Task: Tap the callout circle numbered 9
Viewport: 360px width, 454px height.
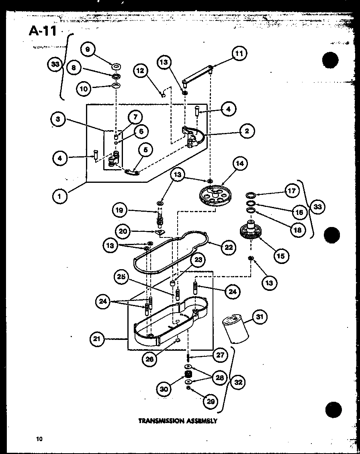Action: (88, 50)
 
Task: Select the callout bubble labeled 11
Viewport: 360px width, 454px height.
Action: (239, 54)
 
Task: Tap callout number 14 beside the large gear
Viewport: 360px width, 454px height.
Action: (240, 164)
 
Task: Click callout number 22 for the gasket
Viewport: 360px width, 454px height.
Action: (228, 247)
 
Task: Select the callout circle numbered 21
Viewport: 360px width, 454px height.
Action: (96, 339)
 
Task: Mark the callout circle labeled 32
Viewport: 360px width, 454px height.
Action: (238, 382)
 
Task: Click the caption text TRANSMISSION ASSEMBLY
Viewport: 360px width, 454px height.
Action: (178, 421)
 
